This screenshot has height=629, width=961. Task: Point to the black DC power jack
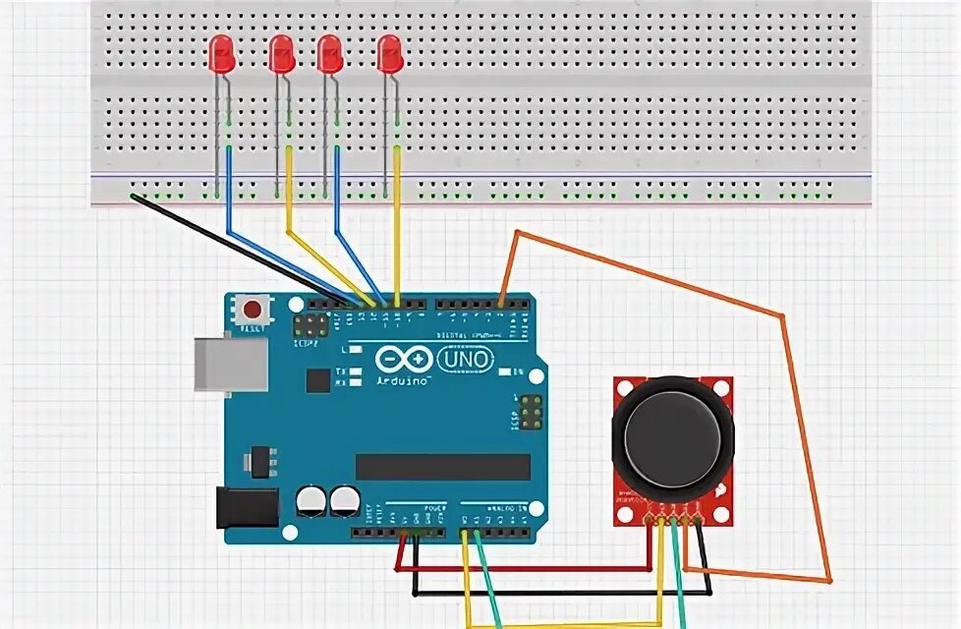coord(247,507)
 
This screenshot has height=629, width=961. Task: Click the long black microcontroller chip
coord(442,467)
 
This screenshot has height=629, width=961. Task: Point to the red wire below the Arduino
coord(521,569)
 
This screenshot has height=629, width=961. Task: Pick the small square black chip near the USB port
coord(317,379)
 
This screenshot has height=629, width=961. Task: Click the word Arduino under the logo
coord(403,379)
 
